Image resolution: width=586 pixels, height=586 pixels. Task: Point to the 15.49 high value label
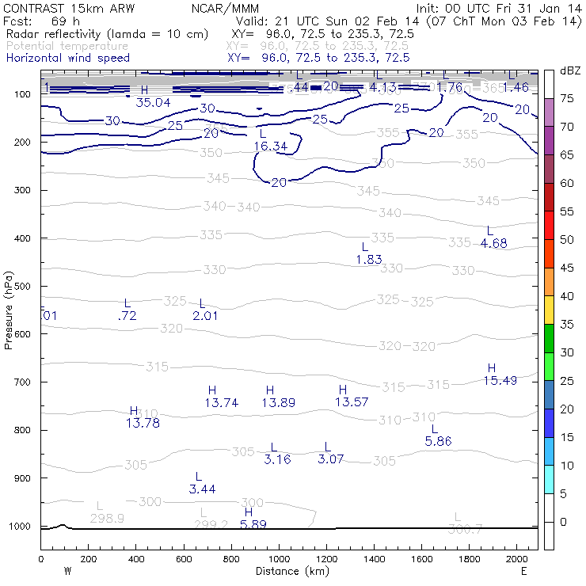[500, 380]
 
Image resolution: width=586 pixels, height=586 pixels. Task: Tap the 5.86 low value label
[438, 441]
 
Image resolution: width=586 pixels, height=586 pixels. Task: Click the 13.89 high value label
[278, 402]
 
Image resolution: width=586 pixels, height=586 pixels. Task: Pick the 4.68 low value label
[493, 243]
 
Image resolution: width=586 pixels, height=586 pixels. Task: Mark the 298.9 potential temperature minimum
[107, 518]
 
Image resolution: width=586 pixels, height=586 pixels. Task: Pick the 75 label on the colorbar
[567, 99]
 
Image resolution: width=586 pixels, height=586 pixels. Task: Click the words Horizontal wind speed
[68, 58]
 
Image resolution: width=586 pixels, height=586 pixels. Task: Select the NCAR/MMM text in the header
[224, 8]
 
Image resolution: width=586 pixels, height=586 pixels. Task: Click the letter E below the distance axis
[523, 570]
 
